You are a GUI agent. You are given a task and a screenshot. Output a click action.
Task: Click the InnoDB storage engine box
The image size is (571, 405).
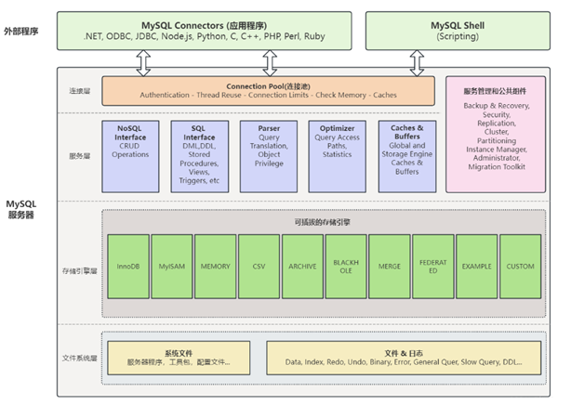(x=127, y=267)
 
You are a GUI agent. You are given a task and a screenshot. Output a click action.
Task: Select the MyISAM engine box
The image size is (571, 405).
(x=171, y=267)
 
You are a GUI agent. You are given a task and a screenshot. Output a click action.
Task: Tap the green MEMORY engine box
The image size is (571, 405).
(x=215, y=267)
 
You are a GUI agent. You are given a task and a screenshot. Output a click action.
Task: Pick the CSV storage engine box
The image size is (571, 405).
(x=259, y=267)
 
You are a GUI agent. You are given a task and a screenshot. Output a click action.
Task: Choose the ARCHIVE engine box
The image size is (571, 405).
(x=302, y=267)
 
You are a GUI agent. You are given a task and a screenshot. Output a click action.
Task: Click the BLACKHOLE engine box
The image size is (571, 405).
(x=346, y=267)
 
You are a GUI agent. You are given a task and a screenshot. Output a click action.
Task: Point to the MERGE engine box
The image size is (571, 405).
(x=390, y=267)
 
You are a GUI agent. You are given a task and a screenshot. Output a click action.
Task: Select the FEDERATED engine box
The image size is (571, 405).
(x=433, y=267)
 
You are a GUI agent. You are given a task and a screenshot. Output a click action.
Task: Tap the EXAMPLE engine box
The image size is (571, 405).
(x=477, y=267)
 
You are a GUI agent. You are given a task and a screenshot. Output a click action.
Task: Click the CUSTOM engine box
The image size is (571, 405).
(x=521, y=267)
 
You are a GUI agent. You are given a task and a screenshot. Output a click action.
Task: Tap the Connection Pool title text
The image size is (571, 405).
(x=268, y=85)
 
